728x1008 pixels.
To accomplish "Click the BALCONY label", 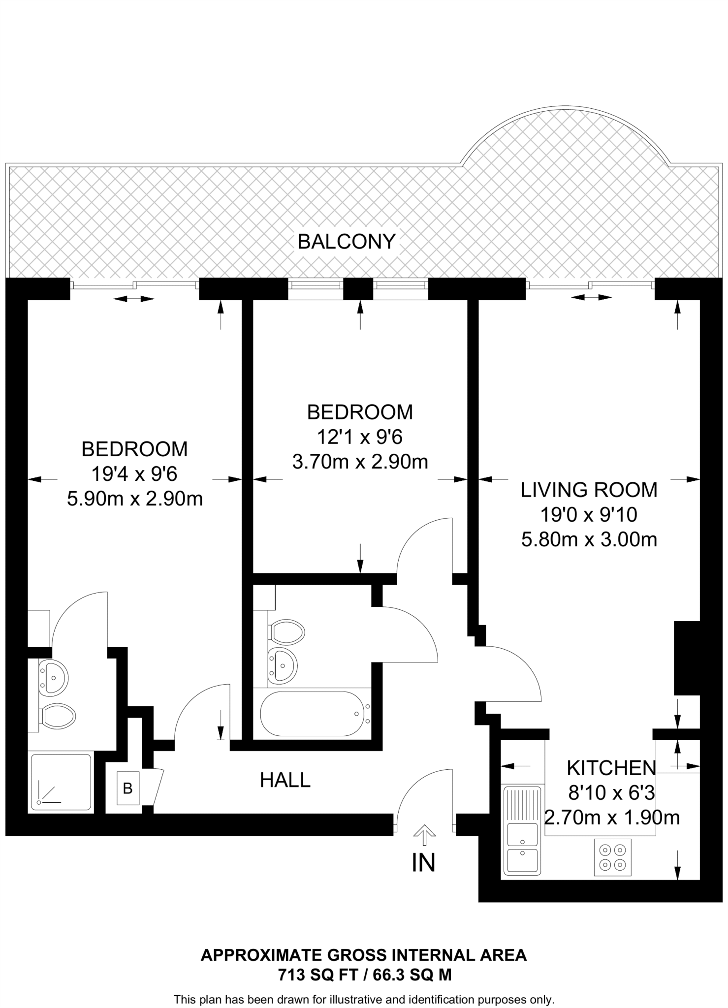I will pos(347,242).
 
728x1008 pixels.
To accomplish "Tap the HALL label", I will pos(285,780).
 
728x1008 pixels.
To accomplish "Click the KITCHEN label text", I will pos(611,768).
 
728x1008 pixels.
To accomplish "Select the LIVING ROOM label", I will pos(589,490).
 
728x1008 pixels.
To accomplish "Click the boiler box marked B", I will pos(128,788).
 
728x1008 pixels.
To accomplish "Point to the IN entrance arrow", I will pos(424,834).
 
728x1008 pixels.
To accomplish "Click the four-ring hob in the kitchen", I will pos(612,857).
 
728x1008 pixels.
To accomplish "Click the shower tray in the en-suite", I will pos(61,782).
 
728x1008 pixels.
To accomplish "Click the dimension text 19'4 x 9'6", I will pos(134,474).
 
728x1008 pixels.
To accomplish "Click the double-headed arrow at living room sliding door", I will pos(591,297).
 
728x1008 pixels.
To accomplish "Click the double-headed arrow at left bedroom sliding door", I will pos(133,299).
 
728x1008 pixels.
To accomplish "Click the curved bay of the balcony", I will pos(566,138).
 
